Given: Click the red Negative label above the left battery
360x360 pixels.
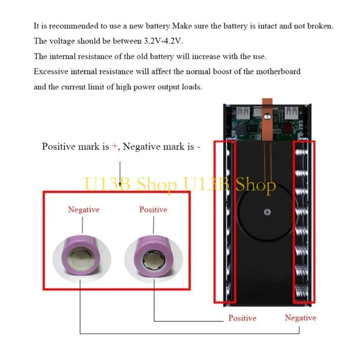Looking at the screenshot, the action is pyautogui.click(x=83, y=209).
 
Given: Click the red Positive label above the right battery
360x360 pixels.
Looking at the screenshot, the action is pyautogui.click(x=153, y=209).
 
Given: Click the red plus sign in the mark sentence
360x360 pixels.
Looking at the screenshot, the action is pyautogui.click(x=114, y=146).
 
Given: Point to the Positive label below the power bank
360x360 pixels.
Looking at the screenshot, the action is pyautogui.click(x=242, y=318).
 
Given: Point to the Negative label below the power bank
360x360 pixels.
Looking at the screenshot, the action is pyautogui.click(x=300, y=318).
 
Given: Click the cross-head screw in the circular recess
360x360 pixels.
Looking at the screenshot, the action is pyautogui.click(x=267, y=212).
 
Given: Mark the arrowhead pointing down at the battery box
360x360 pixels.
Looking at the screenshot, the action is pyautogui.click(x=120, y=184).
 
